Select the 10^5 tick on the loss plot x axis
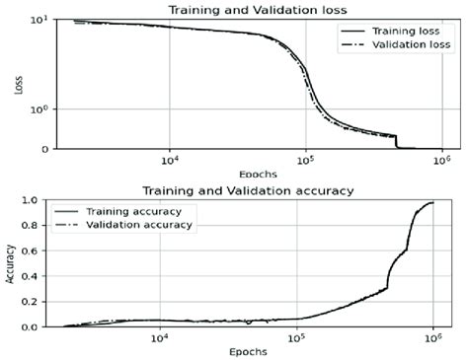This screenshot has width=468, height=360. (x=305, y=160)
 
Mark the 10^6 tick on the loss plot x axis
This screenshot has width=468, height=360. (x=441, y=160)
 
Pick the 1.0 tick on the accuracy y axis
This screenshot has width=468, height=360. (x=39, y=200)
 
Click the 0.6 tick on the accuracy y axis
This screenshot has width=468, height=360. (x=39, y=251)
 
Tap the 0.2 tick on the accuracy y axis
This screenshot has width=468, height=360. (x=39, y=302)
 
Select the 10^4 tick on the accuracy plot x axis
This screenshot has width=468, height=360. (x=159, y=338)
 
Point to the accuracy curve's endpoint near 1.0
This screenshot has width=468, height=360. (x=433, y=203)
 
